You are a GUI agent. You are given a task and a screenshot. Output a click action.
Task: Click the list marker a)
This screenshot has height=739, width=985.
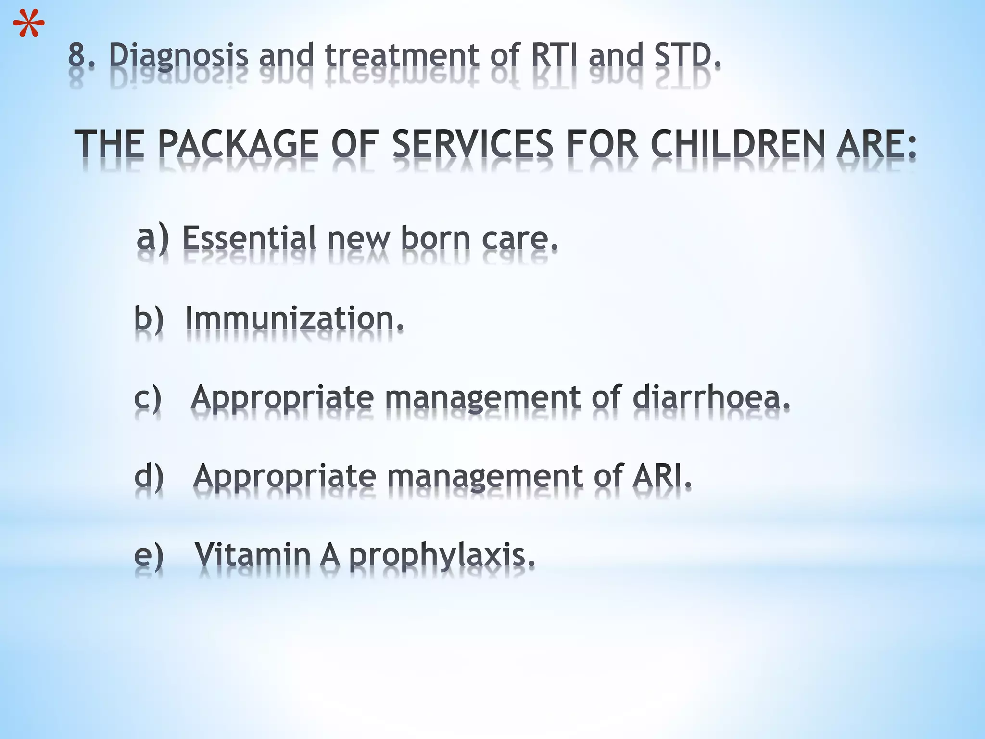tap(152, 238)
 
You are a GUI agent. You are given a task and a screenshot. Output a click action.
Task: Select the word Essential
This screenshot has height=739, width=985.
tap(250, 238)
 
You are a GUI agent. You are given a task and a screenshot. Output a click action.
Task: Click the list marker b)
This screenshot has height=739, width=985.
tap(149, 318)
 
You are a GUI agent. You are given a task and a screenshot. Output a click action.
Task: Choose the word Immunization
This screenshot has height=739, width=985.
tap(294, 318)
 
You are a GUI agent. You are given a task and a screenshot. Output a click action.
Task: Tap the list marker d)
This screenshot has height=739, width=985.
tap(149, 476)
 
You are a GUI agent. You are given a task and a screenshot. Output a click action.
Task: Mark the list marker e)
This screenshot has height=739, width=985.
tap(149, 555)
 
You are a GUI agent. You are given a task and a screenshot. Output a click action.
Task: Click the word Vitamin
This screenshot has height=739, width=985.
tap(253, 555)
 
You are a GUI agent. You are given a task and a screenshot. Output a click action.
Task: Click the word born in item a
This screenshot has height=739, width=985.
tap(435, 238)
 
